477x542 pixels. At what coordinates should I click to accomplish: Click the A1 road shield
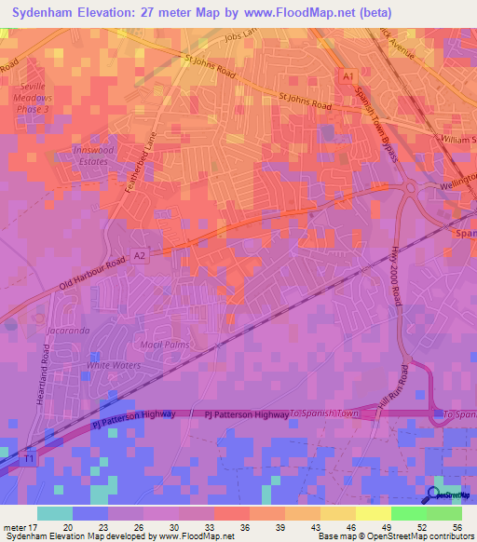coord(348,75)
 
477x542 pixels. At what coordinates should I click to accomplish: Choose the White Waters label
coord(113,365)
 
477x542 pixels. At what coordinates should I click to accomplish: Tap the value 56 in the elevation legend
coord(457,526)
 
